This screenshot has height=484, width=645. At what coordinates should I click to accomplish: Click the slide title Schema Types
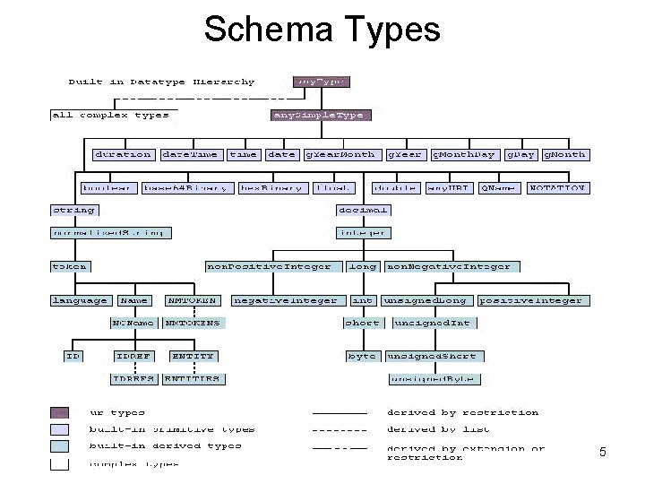(322, 29)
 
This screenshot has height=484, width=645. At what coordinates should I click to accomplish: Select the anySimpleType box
(320, 115)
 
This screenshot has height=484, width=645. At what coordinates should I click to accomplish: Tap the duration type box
(123, 154)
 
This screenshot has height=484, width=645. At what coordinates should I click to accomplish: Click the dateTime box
(190, 154)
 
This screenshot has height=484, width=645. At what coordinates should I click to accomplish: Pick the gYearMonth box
(340, 154)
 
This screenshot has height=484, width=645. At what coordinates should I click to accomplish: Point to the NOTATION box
(559, 188)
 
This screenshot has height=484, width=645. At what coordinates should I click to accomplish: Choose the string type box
(74, 210)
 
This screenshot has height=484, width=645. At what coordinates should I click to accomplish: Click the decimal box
(363, 210)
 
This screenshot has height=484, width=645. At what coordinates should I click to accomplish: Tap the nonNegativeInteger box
(449, 266)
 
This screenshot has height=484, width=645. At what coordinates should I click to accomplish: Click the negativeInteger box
(286, 300)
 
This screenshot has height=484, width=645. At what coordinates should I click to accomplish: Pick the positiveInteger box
(531, 300)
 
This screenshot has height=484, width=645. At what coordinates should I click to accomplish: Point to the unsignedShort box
(432, 356)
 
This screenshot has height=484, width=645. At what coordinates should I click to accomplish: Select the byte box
(362, 356)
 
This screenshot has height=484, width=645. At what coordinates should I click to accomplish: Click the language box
(80, 300)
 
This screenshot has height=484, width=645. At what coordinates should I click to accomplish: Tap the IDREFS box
(133, 378)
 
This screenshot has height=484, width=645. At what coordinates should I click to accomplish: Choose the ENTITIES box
(192, 378)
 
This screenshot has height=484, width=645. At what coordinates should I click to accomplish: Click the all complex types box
(110, 115)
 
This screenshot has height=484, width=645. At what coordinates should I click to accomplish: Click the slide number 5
(602, 453)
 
